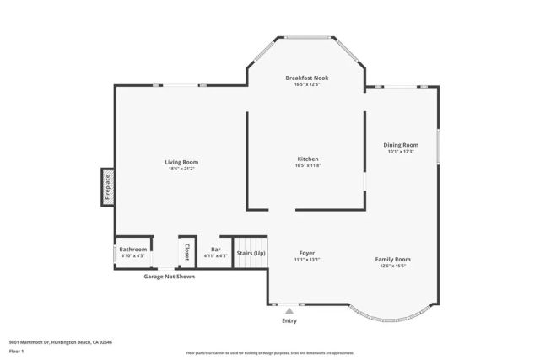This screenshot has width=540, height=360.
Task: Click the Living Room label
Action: [x=181, y=162]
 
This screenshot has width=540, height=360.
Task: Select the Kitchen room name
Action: [x=308, y=159]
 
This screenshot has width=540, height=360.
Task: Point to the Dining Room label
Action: [x=402, y=145]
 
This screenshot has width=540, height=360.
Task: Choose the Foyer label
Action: [x=307, y=253]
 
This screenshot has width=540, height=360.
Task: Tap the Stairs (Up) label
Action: [x=251, y=253]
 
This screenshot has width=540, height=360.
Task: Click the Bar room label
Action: [x=216, y=250]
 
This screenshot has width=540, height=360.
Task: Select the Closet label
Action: [x=187, y=252]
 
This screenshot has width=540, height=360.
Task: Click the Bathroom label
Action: [x=133, y=250]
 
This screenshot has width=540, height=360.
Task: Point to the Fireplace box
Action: [x=108, y=186]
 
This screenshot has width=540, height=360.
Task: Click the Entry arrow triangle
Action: [x=289, y=311]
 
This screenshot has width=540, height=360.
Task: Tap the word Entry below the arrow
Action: [x=289, y=321]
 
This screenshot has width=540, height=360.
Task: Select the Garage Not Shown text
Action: [x=169, y=277]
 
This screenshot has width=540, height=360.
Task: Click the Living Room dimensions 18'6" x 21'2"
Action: [x=181, y=169]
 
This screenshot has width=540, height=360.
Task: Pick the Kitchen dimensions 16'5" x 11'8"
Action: [x=308, y=165]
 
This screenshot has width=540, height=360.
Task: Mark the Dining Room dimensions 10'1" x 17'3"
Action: [x=402, y=152]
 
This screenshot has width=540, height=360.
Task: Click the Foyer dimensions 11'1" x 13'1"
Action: [x=307, y=260]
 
